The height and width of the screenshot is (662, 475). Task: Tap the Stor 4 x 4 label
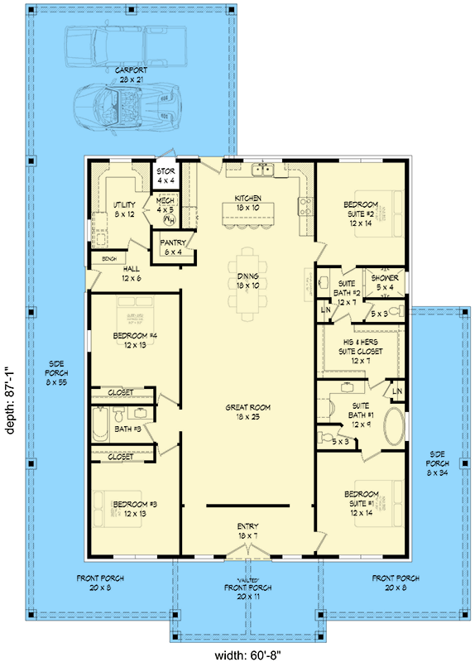coord(166,176)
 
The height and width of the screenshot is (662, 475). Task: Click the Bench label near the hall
coord(108,259)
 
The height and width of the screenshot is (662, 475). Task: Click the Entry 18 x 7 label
coord(247,530)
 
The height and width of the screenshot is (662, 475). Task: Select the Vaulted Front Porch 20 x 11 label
coord(247,588)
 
